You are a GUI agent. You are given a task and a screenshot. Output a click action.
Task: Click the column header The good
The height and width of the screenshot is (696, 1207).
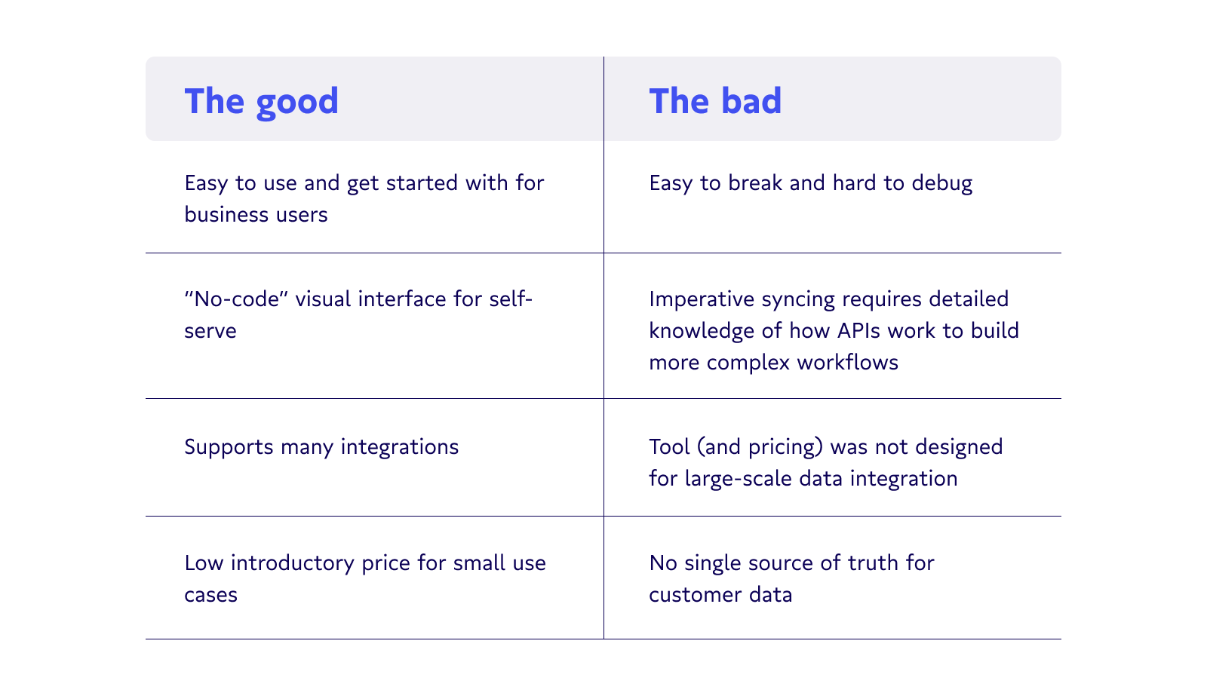pos(261,102)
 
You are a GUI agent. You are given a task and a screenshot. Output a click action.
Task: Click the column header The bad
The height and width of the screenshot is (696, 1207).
pos(715,101)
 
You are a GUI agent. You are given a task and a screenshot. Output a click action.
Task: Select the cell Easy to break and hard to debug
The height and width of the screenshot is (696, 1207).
pos(810,184)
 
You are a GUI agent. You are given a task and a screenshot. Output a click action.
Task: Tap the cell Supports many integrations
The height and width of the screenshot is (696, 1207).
pos(321,448)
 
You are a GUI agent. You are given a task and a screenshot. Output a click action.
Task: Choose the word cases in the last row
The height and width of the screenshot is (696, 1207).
pos(210,595)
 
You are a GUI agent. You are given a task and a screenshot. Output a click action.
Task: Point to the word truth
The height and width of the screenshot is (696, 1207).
pos(873,563)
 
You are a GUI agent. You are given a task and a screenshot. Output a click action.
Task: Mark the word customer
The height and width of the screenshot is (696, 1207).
pos(695,595)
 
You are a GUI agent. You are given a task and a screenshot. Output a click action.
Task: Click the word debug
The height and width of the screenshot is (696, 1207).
pos(942,184)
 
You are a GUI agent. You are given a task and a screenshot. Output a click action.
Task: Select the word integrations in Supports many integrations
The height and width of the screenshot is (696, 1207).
pos(399,448)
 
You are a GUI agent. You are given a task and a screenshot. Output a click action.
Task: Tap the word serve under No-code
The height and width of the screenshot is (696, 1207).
pos(210,331)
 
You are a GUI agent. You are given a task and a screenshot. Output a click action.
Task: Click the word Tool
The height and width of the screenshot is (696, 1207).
pos(669,446)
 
